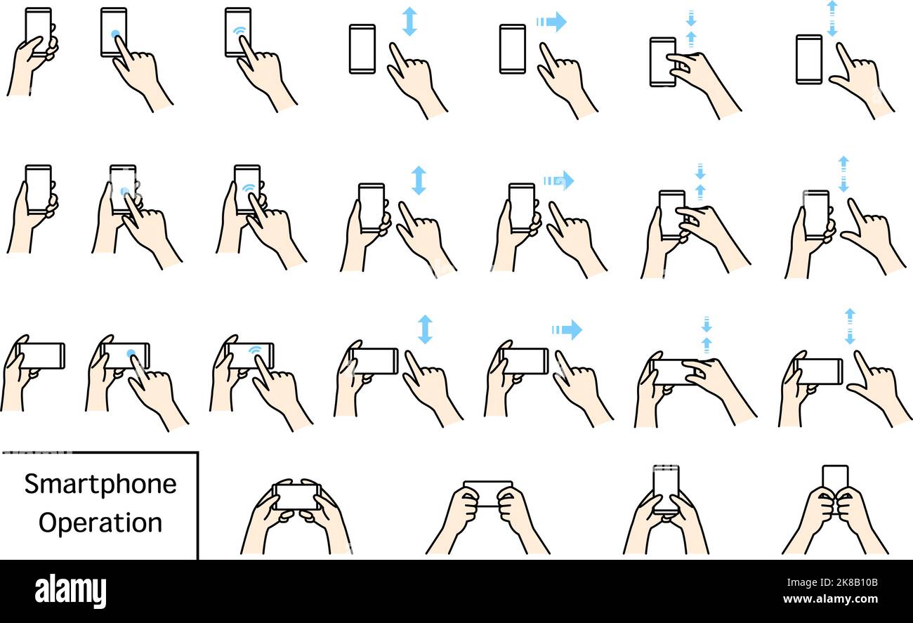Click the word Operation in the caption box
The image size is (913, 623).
pyautogui.click(x=100, y=523)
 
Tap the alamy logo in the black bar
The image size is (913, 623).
pyautogui.click(x=70, y=591)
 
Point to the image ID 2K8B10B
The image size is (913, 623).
pyautogui.click(x=842, y=582)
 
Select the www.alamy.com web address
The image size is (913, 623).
pyautogui.click(x=842, y=598)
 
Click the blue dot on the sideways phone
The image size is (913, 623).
pyautogui.click(x=131, y=353)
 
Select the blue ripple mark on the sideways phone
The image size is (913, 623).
pyautogui.click(x=256, y=349)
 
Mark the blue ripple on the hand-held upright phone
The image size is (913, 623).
pyautogui.click(x=249, y=188)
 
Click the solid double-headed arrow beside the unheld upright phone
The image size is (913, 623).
pyautogui.click(x=409, y=22)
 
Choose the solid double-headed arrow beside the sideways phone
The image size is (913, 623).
pyautogui.click(x=425, y=329)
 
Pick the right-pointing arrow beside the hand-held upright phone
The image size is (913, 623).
pyautogui.click(x=559, y=181)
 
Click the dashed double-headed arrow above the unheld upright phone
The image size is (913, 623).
pyautogui.click(x=832, y=18)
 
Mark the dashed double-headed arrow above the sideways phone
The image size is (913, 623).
pyautogui.click(x=850, y=326)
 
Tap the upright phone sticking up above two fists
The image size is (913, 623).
pyautogui.click(x=835, y=478)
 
